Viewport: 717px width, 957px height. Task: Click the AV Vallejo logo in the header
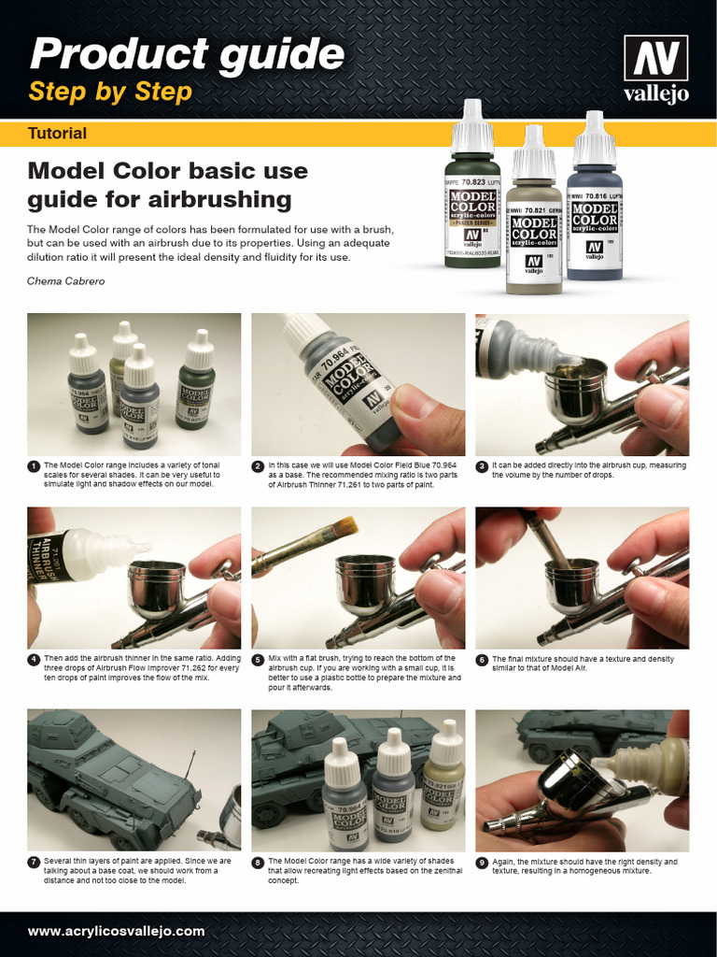655,68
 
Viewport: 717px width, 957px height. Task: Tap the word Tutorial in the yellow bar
57,134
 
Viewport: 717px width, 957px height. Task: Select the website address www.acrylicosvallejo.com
116,931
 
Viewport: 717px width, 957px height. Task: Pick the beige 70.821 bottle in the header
534,224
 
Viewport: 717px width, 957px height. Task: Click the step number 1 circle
34,465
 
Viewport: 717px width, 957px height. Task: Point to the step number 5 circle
258,660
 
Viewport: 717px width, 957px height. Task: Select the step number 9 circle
482,863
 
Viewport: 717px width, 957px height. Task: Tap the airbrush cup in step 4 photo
156,587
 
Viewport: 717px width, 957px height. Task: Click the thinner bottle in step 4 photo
79,555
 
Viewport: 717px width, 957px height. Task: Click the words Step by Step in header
110,92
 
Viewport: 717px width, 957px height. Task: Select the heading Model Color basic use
167,171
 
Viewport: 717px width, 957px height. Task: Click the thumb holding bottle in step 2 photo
425,411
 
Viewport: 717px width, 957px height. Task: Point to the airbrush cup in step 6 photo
570,584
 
